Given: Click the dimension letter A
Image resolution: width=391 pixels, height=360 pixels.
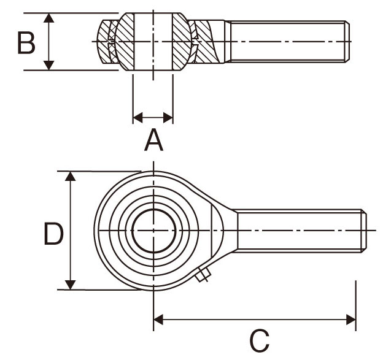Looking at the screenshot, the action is (x=153, y=140).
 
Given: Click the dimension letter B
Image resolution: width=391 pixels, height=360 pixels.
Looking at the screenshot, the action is (x=26, y=42).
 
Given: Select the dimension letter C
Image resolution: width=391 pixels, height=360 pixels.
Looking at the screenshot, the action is (x=260, y=340).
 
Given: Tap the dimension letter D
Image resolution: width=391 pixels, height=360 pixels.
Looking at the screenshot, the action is (x=53, y=234).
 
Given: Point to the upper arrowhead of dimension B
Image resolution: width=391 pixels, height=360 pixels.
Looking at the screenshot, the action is (x=49, y=18).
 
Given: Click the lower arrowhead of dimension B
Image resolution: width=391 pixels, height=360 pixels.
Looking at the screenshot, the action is (x=49, y=65).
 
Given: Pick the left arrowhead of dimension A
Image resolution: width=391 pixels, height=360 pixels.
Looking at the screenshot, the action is (x=138, y=117).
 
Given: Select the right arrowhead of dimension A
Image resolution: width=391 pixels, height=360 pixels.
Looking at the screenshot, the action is (x=168, y=117).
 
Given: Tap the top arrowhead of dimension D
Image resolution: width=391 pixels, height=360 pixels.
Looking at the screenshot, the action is (x=71, y=176).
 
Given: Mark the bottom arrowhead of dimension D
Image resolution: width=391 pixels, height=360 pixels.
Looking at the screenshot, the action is (x=71, y=285).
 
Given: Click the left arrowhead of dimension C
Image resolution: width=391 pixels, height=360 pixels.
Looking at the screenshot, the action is (x=158, y=320).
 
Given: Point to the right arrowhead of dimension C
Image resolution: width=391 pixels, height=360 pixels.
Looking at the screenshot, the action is (x=351, y=320).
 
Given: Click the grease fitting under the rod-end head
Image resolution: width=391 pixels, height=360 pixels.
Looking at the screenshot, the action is (x=203, y=275).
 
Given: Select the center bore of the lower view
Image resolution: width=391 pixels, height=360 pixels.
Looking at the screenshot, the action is (x=153, y=231).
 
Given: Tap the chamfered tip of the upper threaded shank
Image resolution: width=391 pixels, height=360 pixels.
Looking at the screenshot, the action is (x=347, y=41).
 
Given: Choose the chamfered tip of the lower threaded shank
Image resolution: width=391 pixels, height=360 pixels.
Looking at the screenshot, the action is (x=364, y=231).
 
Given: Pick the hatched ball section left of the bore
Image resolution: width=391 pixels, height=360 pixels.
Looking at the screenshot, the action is (x=125, y=42).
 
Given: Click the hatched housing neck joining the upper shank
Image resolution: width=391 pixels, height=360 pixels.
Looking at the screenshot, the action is (x=208, y=41).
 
